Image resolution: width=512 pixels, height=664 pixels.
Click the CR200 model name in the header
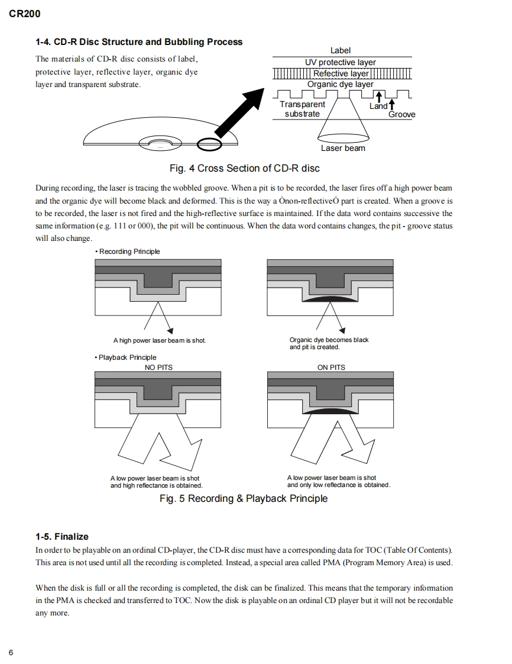(x=25, y=14)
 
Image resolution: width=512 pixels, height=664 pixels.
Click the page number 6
(x=11, y=652)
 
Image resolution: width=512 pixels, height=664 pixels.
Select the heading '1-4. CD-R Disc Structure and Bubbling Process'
(x=139, y=42)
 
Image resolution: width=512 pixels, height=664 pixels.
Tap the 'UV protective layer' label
(x=341, y=62)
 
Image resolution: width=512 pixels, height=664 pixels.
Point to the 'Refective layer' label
(x=341, y=73)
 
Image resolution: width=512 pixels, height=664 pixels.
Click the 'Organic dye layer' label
(x=341, y=84)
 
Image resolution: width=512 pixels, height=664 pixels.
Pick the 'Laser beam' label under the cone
(x=343, y=148)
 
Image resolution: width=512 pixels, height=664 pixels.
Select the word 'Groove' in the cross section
(x=401, y=114)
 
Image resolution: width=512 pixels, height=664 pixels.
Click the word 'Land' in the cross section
(x=378, y=106)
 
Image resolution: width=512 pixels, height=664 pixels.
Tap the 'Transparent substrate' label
(x=302, y=109)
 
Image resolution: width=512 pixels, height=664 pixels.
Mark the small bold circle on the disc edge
(x=210, y=143)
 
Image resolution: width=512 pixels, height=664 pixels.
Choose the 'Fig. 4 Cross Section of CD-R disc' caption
(x=244, y=168)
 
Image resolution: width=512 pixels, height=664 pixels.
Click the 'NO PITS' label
(x=158, y=368)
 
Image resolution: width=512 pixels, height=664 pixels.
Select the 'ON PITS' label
(x=331, y=368)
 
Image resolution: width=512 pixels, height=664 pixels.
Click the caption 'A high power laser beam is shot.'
(x=160, y=341)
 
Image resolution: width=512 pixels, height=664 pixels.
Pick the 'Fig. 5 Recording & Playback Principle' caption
(x=244, y=498)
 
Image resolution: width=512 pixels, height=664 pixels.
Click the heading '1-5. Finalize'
(x=62, y=537)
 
